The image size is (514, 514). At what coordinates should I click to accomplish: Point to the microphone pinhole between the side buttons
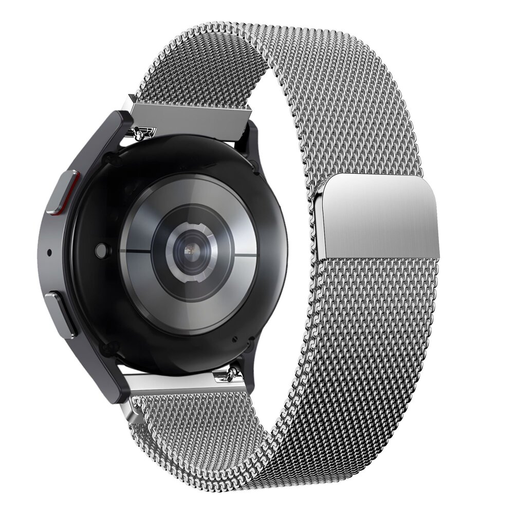click(49, 252)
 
